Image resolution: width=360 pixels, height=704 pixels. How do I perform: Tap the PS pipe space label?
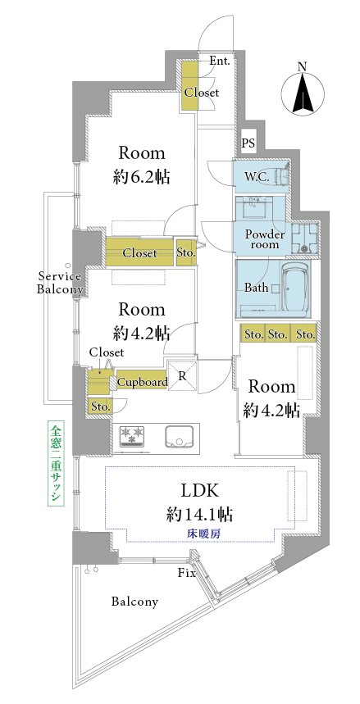(248, 143)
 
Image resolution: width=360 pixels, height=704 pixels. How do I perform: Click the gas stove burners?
(132, 436)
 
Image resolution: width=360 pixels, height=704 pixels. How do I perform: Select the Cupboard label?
(142, 382)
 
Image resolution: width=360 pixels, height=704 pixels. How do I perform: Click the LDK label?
(199, 491)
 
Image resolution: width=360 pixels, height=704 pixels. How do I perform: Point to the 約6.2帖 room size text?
(142, 177)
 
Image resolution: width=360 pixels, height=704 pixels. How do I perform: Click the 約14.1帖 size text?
(199, 514)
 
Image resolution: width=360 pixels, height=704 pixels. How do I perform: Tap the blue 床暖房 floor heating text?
(199, 534)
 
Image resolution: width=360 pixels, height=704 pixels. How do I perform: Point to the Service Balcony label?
(59, 283)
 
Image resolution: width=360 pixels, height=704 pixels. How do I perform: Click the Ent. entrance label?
(220, 61)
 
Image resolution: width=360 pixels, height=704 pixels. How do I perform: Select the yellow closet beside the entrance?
(189, 85)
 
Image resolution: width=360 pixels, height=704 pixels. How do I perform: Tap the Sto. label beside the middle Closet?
(186, 252)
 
